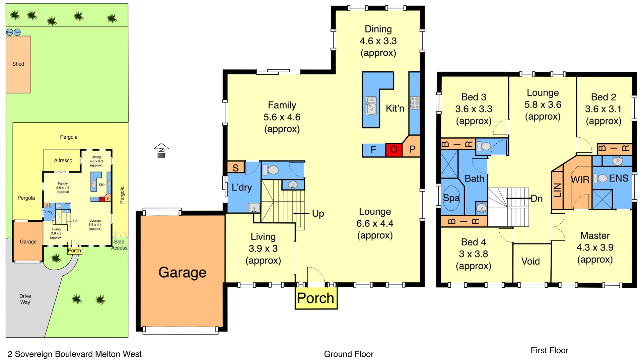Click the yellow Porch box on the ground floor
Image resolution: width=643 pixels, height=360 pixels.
coord(315,298)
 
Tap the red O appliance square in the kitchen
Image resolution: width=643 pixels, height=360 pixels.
coord(394,149)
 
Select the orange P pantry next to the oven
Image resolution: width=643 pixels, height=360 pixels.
coord(412,149)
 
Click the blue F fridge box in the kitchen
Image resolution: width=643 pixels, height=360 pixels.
coord(373,150)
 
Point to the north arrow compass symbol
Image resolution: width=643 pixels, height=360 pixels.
coord(161,150)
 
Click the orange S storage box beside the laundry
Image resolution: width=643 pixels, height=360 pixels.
coord(236,167)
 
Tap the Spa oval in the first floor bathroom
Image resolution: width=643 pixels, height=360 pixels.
coord(451,198)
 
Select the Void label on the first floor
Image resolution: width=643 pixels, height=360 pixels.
coord(530,261)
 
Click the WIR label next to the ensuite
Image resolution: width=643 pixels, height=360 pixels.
coord(580,180)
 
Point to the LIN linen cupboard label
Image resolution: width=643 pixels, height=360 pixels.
coord(557,190)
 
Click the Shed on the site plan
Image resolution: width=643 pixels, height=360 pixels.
coord(18,64)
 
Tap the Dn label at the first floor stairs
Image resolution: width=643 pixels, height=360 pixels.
coord(537,199)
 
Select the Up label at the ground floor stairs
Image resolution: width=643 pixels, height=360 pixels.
coord(318,213)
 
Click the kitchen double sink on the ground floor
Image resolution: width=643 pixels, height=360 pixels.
coord(371,105)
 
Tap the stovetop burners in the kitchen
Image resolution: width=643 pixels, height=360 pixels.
coord(415,103)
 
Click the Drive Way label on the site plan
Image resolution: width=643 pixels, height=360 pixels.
coord(25,299)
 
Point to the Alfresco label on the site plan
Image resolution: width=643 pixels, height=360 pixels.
coord(63,160)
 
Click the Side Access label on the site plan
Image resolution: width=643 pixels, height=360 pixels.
coord(119,244)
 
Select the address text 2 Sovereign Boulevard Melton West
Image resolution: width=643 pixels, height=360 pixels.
coord(74,354)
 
